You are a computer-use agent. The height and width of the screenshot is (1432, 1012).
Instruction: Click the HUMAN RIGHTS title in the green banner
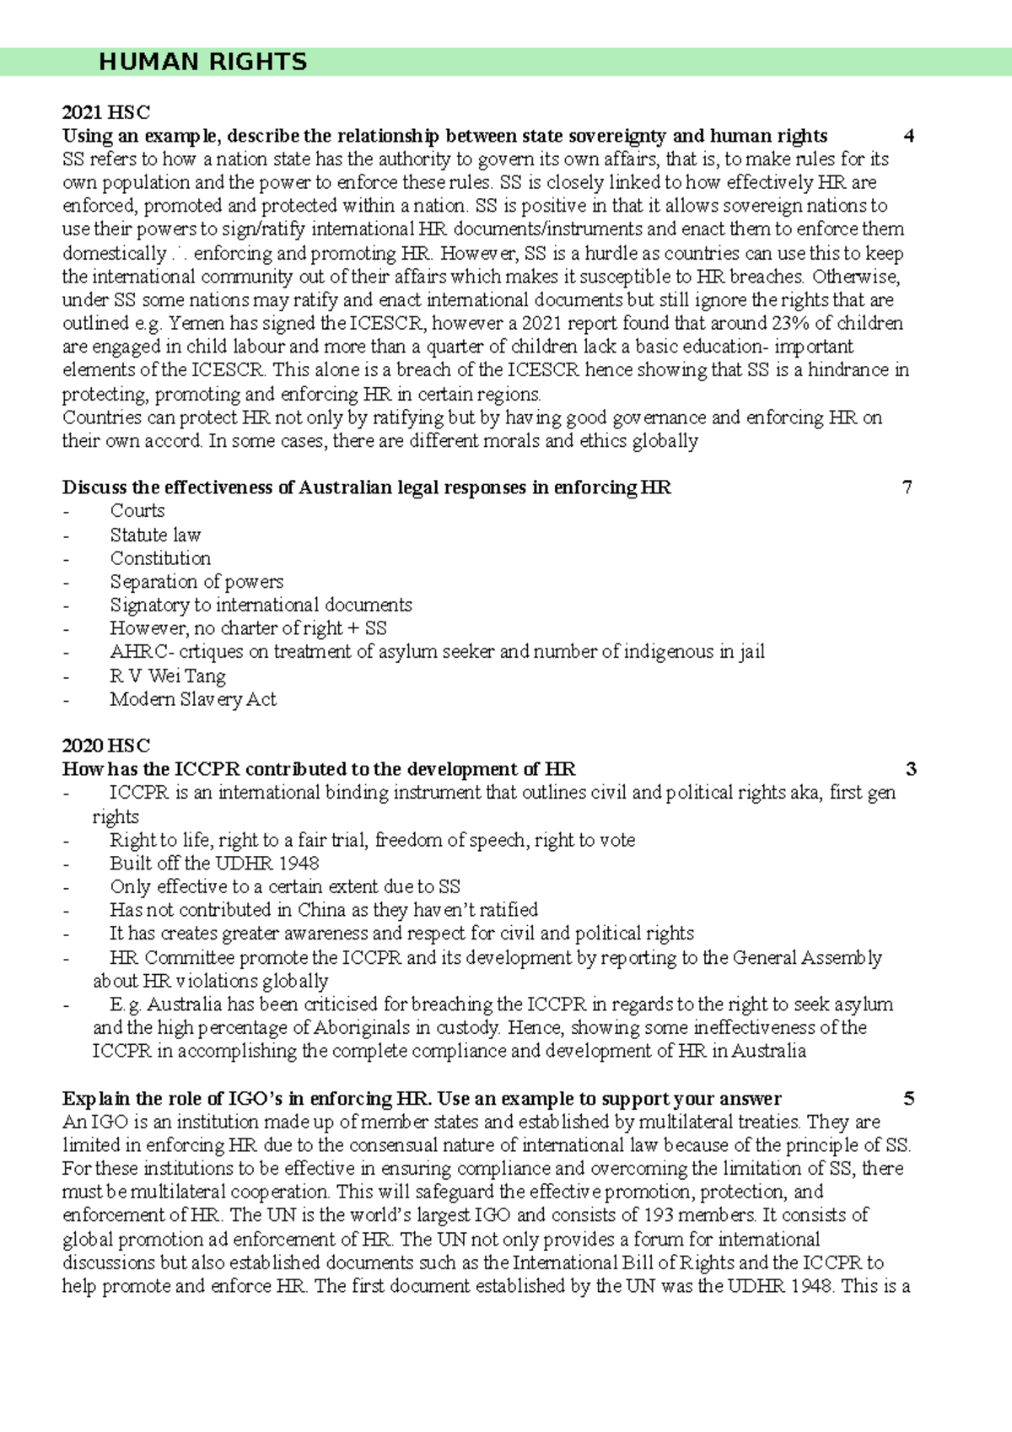click(202, 62)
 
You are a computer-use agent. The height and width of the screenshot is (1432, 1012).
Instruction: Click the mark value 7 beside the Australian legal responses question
click(907, 487)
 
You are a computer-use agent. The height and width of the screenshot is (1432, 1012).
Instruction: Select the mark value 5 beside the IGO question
click(908, 1099)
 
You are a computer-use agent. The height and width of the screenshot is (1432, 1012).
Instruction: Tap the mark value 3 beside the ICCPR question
click(911, 769)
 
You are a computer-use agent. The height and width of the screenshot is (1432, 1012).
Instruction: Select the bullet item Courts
click(137, 511)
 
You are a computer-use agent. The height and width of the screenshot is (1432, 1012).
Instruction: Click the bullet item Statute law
click(155, 535)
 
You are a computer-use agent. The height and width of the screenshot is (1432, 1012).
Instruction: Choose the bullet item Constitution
click(160, 558)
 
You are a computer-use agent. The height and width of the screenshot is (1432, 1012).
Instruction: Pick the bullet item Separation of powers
click(196, 582)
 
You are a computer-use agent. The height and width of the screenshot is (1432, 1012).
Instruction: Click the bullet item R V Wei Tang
click(167, 676)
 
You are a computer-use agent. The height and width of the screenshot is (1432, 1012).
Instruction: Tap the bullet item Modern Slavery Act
click(192, 699)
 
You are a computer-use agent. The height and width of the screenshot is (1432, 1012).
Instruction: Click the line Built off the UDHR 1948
click(214, 864)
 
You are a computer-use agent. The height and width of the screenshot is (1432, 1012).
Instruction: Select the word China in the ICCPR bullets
click(322, 910)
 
